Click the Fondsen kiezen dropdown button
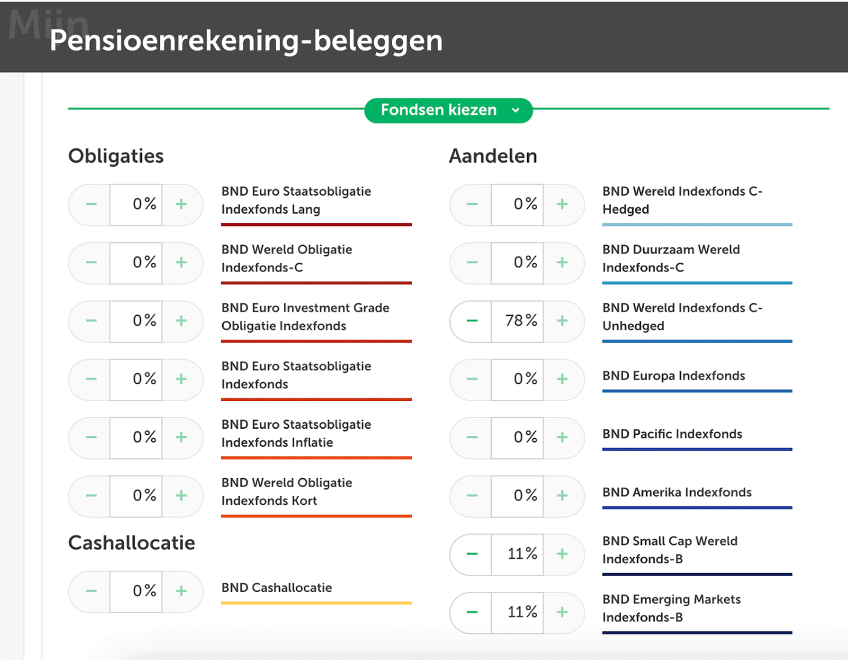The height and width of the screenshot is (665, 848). (x=448, y=111)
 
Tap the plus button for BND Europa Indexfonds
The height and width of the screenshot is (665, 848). (x=562, y=379)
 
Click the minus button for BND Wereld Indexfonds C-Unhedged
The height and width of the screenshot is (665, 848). (x=472, y=321)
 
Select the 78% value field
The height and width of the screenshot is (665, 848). (x=518, y=321)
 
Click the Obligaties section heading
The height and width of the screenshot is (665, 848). (x=116, y=156)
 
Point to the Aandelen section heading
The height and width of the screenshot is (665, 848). (x=493, y=156)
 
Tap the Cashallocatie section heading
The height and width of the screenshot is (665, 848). (x=131, y=543)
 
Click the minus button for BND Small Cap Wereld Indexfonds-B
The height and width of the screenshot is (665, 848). (x=472, y=554)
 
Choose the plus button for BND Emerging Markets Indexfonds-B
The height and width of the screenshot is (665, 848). (x=562, y=613)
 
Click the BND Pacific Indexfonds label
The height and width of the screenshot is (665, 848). (x=672, y=434)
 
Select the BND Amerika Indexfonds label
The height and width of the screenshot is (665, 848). (x=677, y=492)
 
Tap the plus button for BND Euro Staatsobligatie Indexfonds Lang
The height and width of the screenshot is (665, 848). (x=181, y=204)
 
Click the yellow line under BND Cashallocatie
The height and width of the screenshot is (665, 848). (x=316, y=603)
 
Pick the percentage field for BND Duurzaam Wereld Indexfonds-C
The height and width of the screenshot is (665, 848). (x=518, y=263)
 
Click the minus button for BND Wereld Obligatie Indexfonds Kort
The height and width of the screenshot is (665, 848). (x=91, y=495)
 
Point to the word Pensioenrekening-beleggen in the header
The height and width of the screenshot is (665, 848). (x=246, y=41)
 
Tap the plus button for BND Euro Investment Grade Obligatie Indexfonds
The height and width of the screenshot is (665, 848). (x=181, y=321)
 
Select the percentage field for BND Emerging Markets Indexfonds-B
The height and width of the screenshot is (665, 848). (x=518, y=613)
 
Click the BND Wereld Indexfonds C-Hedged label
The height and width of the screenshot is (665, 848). (x=682, y=200)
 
